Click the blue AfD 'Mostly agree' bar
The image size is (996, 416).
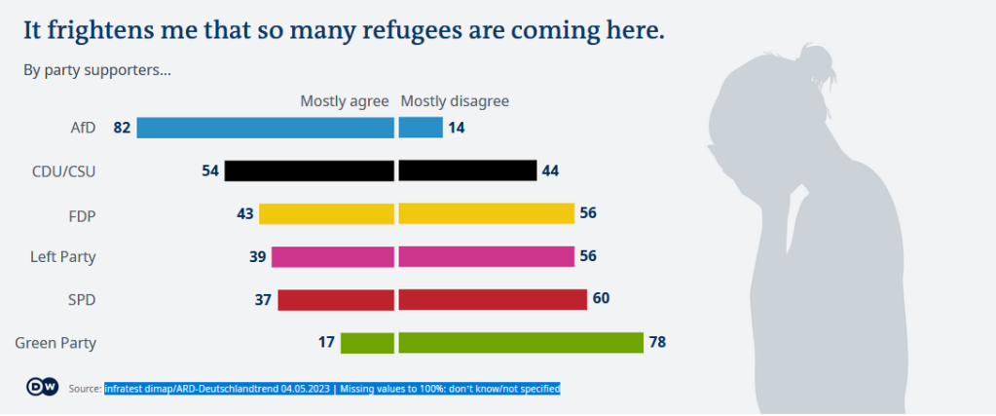(265, 128)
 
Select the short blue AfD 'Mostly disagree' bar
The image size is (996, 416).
(421, 128)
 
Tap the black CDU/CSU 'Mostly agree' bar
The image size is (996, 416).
(309, 170)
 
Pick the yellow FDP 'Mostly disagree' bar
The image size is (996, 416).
(486, 213)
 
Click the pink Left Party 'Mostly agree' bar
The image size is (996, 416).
(332, 256)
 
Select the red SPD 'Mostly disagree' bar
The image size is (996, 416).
(492, 299)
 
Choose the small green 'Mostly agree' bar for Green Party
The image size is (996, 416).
(367, 342)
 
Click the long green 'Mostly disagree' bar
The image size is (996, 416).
(521, 342)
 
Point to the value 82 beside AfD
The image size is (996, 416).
(122, 128)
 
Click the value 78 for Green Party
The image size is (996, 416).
(657, 342)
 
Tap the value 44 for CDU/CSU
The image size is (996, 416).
(550, 170)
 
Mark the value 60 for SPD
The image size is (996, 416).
(601, 299)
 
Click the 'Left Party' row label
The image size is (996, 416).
(63, 257)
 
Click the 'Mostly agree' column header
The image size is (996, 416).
(344, 101)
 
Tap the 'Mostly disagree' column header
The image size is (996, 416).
(455, 101)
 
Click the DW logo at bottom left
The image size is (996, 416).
(42, 387)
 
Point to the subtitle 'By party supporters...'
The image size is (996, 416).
(97, 70)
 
